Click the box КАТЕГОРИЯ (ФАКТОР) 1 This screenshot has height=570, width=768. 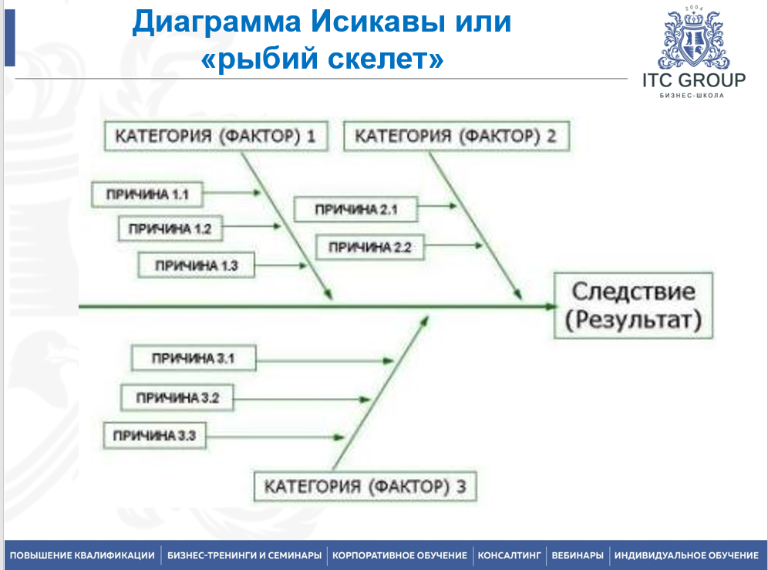click(215, 137)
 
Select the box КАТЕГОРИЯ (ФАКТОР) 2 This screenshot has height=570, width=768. click(456, 137)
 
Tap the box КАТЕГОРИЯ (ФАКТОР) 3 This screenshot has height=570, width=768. click(365, 487)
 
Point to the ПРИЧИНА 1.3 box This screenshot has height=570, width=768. click(197, 265)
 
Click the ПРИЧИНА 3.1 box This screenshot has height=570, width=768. click(193, 358)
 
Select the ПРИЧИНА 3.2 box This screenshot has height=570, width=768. click(177, 398)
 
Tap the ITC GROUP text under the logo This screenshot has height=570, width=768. click(693, 80)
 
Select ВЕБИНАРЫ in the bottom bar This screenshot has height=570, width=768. click(578, 555)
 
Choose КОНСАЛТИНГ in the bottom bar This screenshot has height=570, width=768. click(509, 555)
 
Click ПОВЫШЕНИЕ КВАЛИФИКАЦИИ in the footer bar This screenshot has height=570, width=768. click(82, 555)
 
